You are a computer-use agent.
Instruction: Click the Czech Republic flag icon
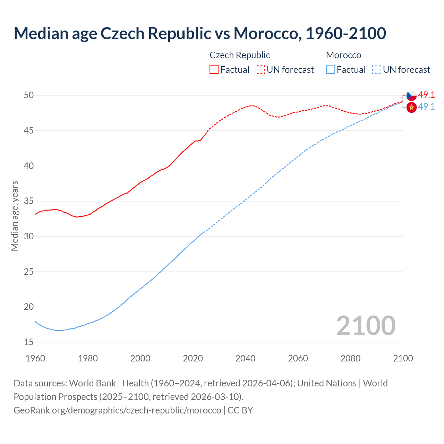click(411, 95)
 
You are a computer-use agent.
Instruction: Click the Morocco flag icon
click(411, 108)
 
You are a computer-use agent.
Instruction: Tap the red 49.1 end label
click(426, 95)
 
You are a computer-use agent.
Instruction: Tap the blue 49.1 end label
click(426, 106)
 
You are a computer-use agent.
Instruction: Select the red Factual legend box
click(214, 70)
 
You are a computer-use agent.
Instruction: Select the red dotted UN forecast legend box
click(260, 70)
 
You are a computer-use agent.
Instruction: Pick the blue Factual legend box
click(331, 70)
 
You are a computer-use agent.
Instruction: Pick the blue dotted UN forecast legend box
click(377, 70)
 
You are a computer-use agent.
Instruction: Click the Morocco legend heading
click(343, 55)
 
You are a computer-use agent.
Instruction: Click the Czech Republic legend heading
click(240, 55)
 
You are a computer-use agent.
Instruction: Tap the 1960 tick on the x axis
click(35, 358)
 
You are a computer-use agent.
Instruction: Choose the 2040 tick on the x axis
click(245, 358)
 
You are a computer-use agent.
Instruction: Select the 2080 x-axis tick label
click(350, 358)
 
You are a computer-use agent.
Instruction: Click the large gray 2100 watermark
click(366, 325)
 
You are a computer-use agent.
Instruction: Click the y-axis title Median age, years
click(15, 216)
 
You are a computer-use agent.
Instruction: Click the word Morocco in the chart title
click(265, 33)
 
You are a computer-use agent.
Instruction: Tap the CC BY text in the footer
click(240, 410)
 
